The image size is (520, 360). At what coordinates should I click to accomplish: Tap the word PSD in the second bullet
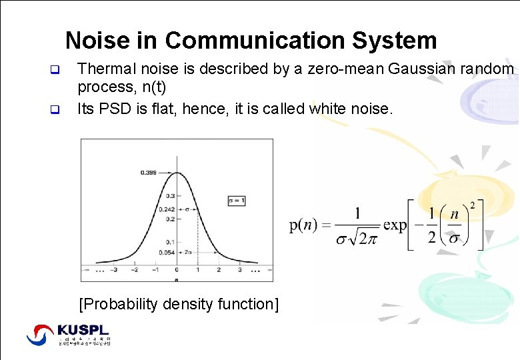(114, 108)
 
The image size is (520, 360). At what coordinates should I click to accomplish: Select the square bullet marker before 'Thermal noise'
(56, 69)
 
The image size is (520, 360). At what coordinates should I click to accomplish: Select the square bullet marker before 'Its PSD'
(56, 109)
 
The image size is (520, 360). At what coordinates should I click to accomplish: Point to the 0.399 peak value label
(149, 173)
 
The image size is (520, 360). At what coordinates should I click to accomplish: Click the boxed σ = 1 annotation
(237, 200)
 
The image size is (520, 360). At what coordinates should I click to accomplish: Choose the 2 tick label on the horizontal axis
(218, 271)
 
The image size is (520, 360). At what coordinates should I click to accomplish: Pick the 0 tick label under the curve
(177, 271)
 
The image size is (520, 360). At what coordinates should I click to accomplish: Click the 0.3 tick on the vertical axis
(170, 196)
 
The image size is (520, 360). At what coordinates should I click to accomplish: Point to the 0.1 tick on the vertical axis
(170, 241)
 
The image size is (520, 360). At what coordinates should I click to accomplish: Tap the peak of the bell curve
(177, 173)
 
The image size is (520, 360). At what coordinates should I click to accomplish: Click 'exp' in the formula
(395, 225)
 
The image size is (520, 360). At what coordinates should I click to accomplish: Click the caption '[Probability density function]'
(178, 304)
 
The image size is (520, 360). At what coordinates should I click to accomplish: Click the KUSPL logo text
(83, 330)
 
